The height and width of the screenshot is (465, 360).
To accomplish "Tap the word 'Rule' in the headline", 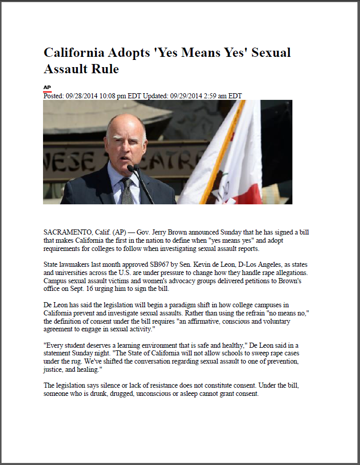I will click(x=104, y=69).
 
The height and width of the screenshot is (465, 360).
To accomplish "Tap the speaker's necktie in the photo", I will click(x=127, y=190).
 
